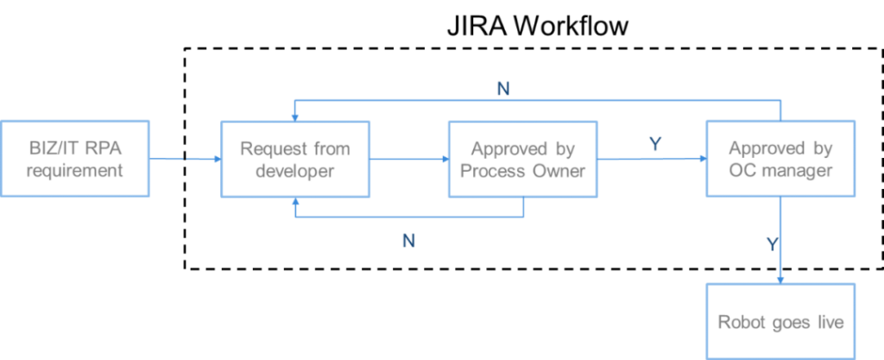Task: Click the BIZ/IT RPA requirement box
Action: point(75,160)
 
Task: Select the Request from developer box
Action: point(295,160)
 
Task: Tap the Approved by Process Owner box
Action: point(523,160)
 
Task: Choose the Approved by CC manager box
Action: point(780,160)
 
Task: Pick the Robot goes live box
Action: point(780,321)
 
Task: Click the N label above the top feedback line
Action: point(503,88)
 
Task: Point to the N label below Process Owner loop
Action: point(408,241)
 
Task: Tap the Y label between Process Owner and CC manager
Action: point(655,144)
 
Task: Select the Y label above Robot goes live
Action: point(773,244)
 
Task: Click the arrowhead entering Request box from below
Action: point(295,202)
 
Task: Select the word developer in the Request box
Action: point(295,171)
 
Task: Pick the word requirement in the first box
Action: point(75,171)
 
